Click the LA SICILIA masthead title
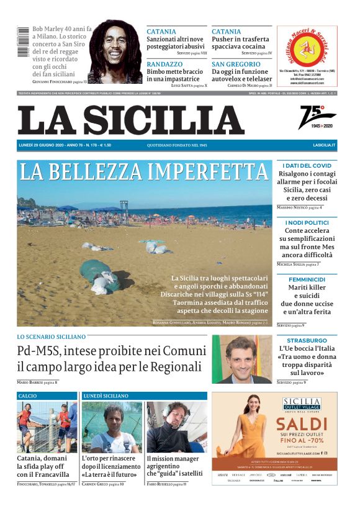pyautogui.click(x=130, y=120)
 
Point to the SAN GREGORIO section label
pyautogui.click(x=236, y=64)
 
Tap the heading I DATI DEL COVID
pyautogui.click(x=307, y=166)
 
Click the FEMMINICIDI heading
pyautogui.click(x=307, y=279)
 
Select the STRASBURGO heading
pyautogui.click(x=307, y=340)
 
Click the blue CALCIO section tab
pyautogui.click(x=28, y=396)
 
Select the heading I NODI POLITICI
pyautogui.click(x=307, y=222)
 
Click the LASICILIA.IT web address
pyautogui.click(x=324, y=145)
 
